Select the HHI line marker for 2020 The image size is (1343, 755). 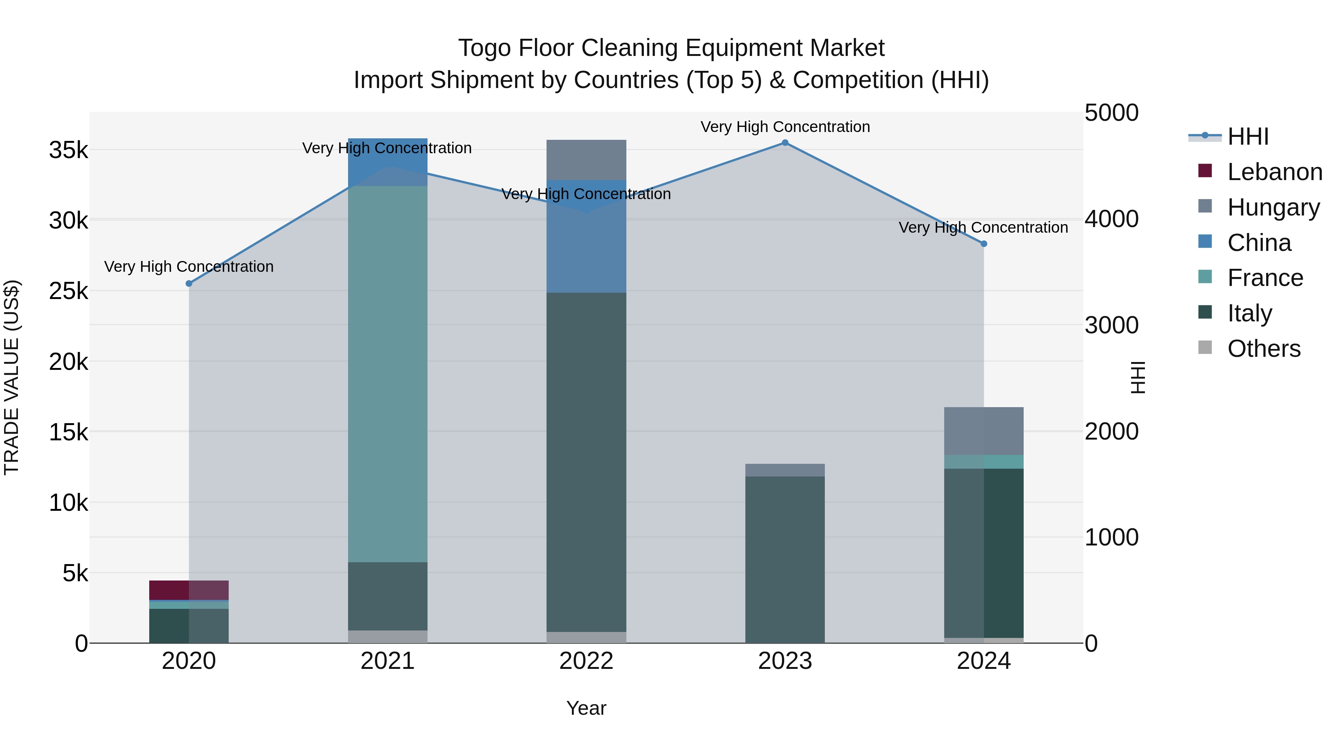(x=189, y=283)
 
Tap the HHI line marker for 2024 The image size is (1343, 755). (x=984, y=244)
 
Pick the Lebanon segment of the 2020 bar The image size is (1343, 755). (x=189, y=590)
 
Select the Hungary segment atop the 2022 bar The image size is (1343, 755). (x=586, y=160)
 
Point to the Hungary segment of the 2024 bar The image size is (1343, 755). (x=984, y=431)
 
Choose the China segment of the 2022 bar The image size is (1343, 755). (x=586, y=236)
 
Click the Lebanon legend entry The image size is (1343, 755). (x=1274, y=172)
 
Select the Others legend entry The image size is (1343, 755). (x=1264, y=349)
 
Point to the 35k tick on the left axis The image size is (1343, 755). (x=68, y=151)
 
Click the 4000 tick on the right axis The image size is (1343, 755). (x=1112, y=219)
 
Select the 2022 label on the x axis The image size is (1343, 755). (x=586, y=661)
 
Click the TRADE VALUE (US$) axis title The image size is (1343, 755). (x=12, y=377)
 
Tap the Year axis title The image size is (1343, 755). (x=586, y=708)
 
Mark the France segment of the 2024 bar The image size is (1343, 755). (x=984, y=462)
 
